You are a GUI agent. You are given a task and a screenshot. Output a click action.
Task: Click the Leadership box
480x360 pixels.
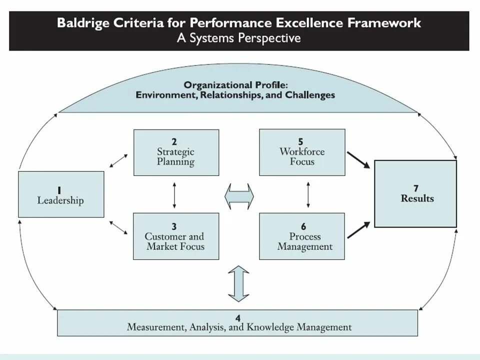[x=61, y=194]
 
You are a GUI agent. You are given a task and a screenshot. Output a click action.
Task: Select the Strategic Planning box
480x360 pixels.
[x=176, y=152]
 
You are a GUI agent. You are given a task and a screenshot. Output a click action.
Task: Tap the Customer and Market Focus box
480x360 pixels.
[x=176, y=236]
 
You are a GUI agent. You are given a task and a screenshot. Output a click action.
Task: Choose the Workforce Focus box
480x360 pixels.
[x=302, y=152]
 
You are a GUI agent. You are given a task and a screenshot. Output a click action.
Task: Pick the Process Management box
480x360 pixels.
[x=302, y=236]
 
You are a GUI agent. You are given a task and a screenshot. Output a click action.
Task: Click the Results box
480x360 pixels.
[x=415, y=194]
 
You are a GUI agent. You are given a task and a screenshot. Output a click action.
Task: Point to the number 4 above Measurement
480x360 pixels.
[x=238, y=318]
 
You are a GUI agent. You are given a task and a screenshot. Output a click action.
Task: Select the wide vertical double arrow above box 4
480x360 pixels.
[x=238, y=283]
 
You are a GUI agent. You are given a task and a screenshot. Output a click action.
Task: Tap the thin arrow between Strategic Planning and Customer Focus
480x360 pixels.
[x=174, y=194]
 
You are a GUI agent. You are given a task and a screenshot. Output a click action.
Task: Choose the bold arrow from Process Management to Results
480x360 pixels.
[x=359, y=230]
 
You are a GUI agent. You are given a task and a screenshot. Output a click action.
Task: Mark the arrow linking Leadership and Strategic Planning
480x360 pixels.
[x=118, y=160]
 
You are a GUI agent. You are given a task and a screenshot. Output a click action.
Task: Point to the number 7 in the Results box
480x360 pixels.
[x=415, y=188]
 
